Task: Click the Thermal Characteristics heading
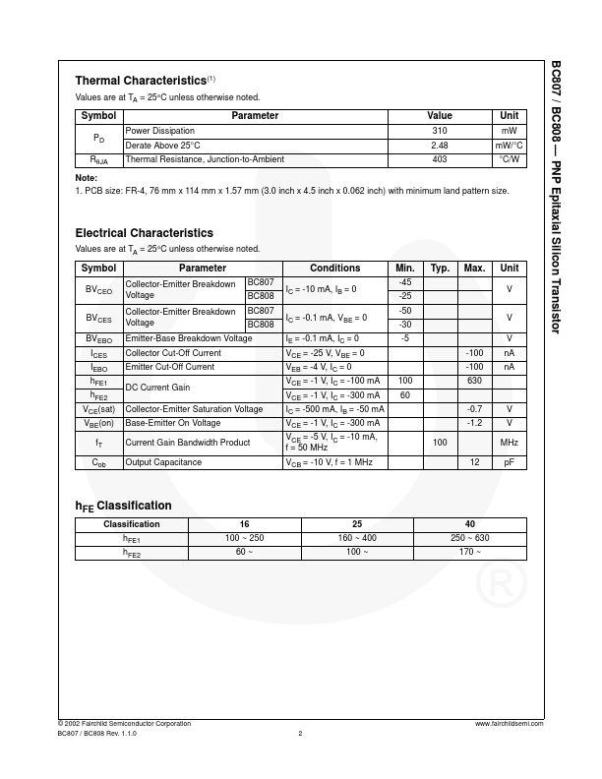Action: pos(141,80)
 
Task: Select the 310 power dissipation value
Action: pos(440,131)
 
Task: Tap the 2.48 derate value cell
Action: pos(440,145)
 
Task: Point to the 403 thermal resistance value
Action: pos(440,159)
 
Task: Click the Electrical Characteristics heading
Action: pos(144,233)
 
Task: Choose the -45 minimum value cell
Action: pos(404,283)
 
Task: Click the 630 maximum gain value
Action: pos(474,380)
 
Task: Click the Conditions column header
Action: pos(335,268)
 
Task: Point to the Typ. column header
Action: pos(440,268)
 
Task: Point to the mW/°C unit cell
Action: pos(509,145)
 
